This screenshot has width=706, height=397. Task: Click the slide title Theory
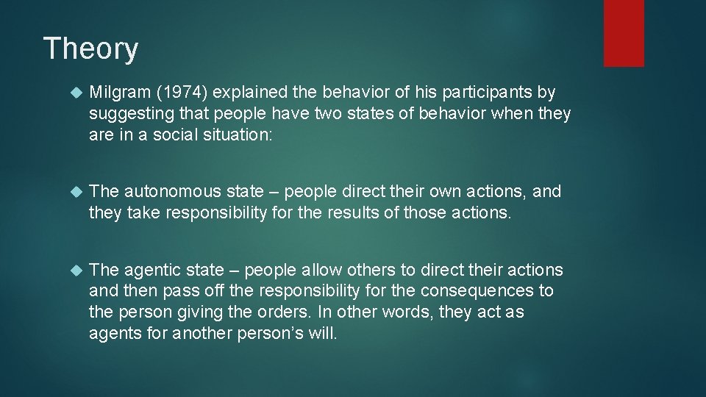(90, 49)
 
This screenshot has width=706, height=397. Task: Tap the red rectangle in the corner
(624, 33)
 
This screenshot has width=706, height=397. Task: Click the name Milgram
(118, 93)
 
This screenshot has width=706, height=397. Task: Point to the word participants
(496, 93)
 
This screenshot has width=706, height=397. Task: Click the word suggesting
(126, 114)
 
